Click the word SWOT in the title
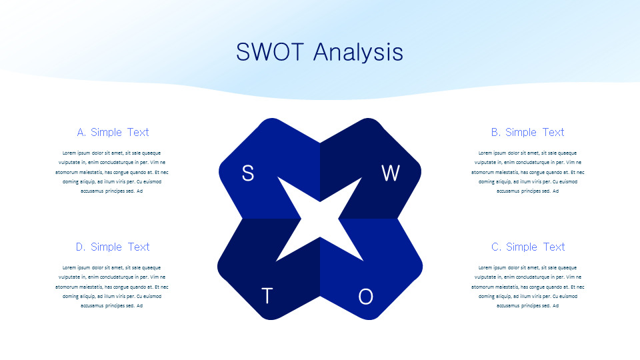pyautogui.click(x=270, y=52)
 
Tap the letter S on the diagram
pyautogui.click(x=248, y=173)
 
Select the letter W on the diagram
pyautogui.click(x=391, y=173)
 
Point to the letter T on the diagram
pyautogui.click(x=267, y=296)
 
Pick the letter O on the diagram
pyautogui.click(x=366, y=297)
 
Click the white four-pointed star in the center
pyautogui.click(x=320, y=219)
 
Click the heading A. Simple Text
pyautogui.click(x=113, y=132)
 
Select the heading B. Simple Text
pyautogui.click(x=528, y=132)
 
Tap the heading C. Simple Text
pyautogui.click(x=528, y=247)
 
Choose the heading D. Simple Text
pyautogui.click(x=113, y=247)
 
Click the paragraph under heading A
pyautogui.click(x=112, y=172)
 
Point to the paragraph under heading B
pyautogui.click(x=528, y=172)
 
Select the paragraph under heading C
pyautogui.click(x=528, y=287)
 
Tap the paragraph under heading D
pyautogui.click(x=112, y=287)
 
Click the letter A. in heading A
pyautogui.click(x=81, y=132)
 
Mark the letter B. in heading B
pyautogui.click(x=495, y=132)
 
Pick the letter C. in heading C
pyautogui.click(x=496, y=247)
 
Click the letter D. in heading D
pyautogui.click(x=81, y=247)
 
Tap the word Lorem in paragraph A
pyautogui.click(x=69, y=153)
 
